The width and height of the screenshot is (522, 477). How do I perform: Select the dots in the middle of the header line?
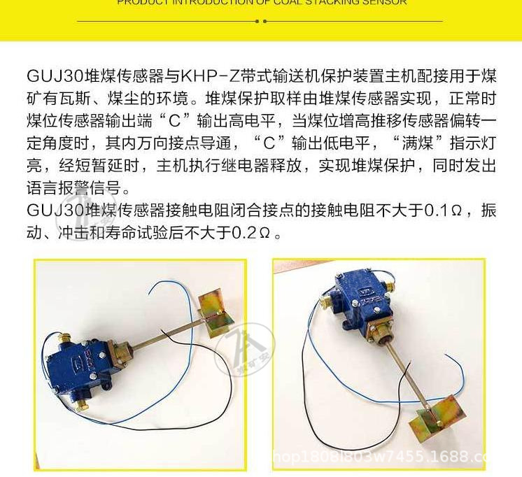[x=261, y=22]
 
